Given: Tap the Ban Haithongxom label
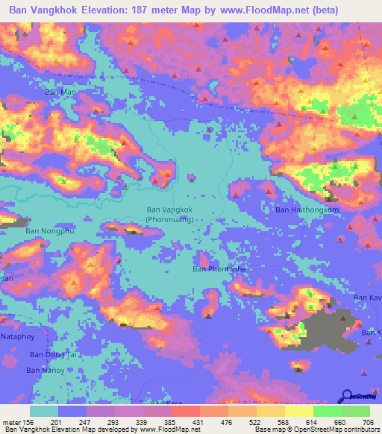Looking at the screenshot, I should (x=307, y=210).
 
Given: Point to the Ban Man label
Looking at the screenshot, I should (x=61, y=92).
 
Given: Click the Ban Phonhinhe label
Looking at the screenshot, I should (x=219, y=269).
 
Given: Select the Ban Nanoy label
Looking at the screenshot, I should (x=45, y=370).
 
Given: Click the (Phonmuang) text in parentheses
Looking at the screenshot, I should (x=170, y=221).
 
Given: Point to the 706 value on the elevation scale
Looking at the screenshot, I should (x=368, y=421).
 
